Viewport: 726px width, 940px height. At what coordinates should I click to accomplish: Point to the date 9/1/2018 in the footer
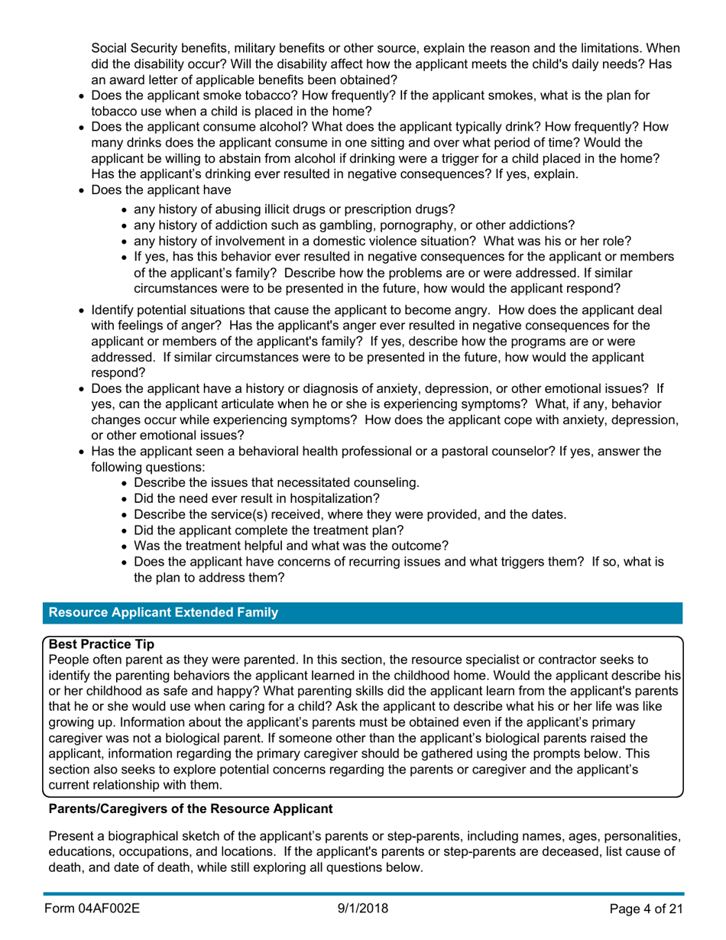coord(363,908)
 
